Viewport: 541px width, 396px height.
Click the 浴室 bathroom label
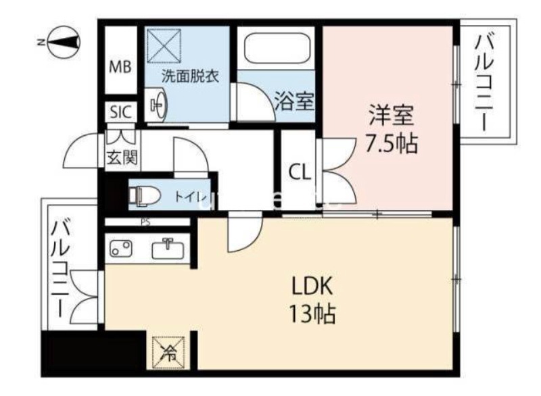(294, 103)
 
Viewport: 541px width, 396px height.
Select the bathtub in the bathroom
(277, 48)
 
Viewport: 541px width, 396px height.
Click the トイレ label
(188, 197)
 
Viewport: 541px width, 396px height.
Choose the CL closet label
(300, 172)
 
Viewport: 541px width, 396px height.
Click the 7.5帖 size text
(391, 143)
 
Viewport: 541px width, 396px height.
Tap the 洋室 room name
(391, 115)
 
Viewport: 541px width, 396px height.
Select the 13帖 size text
(312, 315)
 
